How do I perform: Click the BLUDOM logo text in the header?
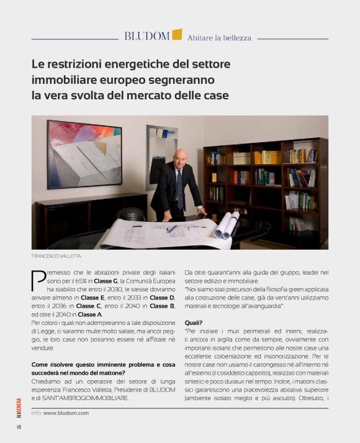click(x=146, y=36)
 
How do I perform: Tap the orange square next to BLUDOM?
click(x=177, y=34)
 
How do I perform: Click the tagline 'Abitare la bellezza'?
click(x=219, y=37)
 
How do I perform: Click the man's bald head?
click(x=179, y=156)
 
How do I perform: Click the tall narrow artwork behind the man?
click(x=158, y=149)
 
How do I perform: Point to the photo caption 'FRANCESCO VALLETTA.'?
click(x=56, y=255)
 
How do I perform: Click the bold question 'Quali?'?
click(x=194, y=322)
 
